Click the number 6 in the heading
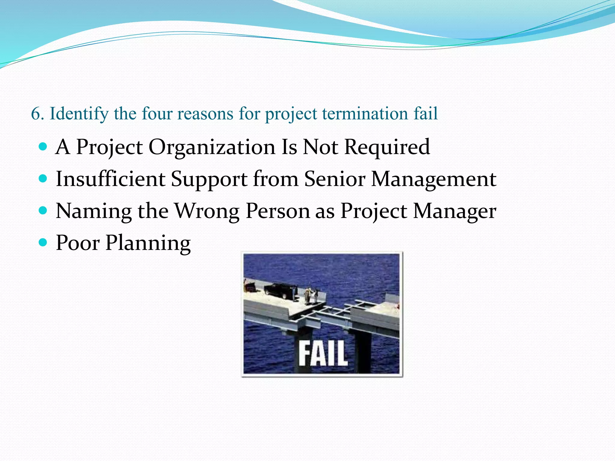[35, 114]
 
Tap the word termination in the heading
[365, 114]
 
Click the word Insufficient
[111, 179]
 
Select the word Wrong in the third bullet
[207, 211]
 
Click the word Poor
[78, 243]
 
